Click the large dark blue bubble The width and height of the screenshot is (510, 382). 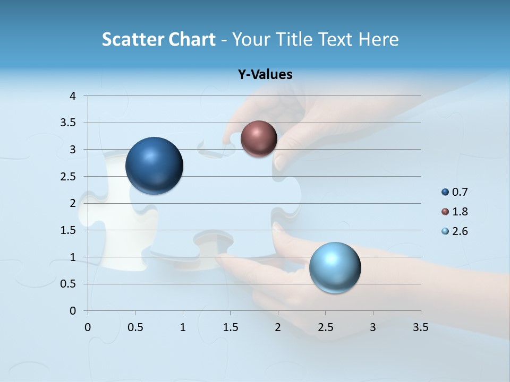155,166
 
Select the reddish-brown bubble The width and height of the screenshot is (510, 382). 259,138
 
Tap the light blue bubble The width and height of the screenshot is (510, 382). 335,267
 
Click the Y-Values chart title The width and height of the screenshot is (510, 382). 265,75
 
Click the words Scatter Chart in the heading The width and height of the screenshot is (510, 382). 158,39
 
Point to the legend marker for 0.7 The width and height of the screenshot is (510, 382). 445,192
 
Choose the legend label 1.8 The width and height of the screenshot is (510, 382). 460,212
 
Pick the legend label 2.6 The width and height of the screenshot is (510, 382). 460,231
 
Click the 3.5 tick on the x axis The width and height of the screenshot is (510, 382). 420,327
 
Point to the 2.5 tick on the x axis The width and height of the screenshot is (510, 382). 325,327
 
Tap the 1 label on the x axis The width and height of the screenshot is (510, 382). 183,327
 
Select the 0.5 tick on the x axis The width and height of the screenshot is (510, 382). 135,327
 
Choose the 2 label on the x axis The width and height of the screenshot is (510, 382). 278,327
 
